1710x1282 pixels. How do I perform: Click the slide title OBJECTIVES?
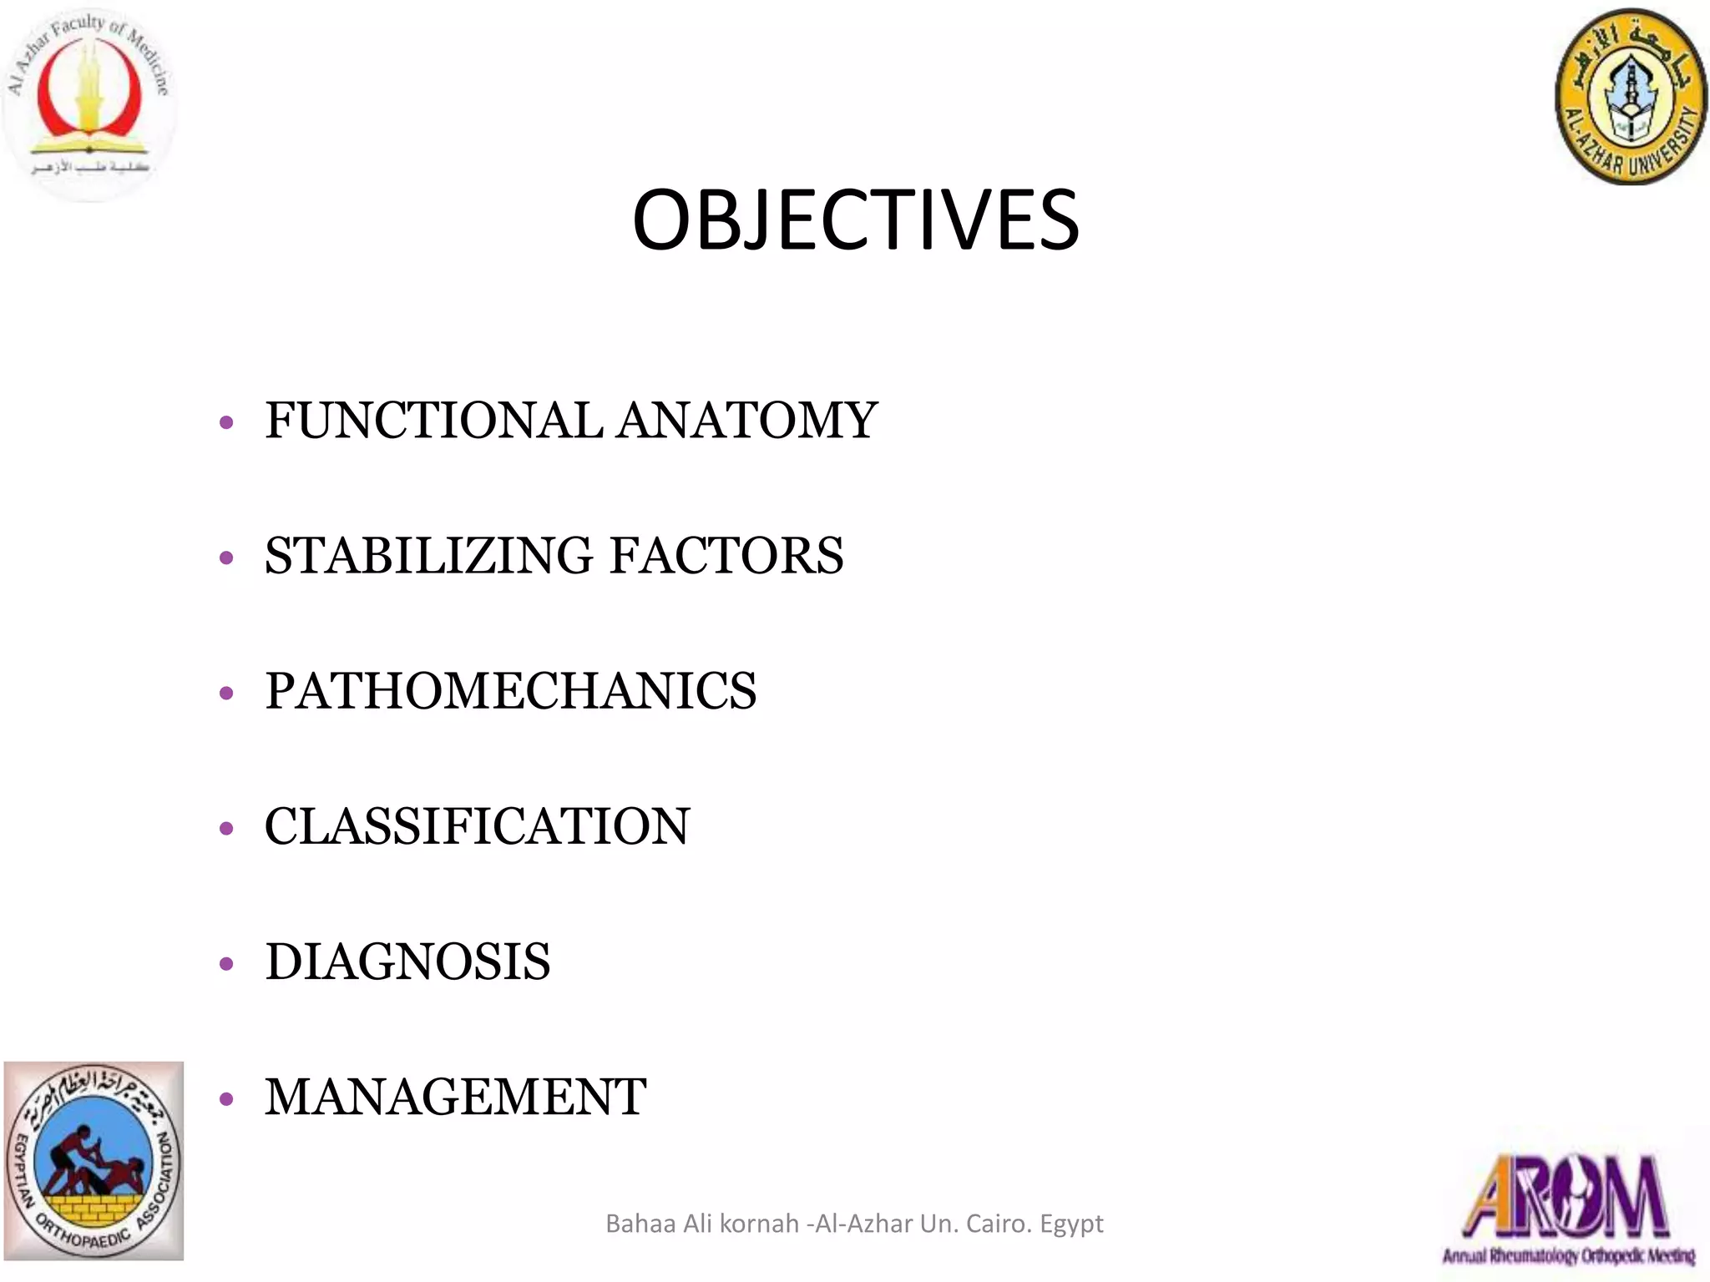(x=855, y=220)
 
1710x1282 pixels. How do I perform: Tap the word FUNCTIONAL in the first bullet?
(x=433, y=420)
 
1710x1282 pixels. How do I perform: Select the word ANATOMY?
(x=747, y=420)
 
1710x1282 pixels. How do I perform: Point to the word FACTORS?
(x=726, y=556)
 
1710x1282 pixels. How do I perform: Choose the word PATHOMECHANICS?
(x=510, y=691)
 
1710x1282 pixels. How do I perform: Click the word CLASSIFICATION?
(x=477, y=826)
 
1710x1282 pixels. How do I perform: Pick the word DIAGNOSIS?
(x=407, y=961)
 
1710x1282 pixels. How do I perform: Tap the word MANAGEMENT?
(x=455, y=1097)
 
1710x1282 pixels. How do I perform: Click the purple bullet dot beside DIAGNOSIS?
(x=226, y=965)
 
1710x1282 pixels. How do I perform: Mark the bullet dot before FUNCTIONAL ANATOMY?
(x=226, y=423)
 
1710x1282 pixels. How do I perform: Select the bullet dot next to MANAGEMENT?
(x=226, y=1100)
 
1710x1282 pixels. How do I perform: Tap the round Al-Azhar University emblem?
(x=1630, y=98)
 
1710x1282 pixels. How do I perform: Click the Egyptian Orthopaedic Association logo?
(x=94, y=1160)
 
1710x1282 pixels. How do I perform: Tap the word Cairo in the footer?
(x=997, y=1224)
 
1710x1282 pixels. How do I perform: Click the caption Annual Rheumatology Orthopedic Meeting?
(x=1568, y=1255)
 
